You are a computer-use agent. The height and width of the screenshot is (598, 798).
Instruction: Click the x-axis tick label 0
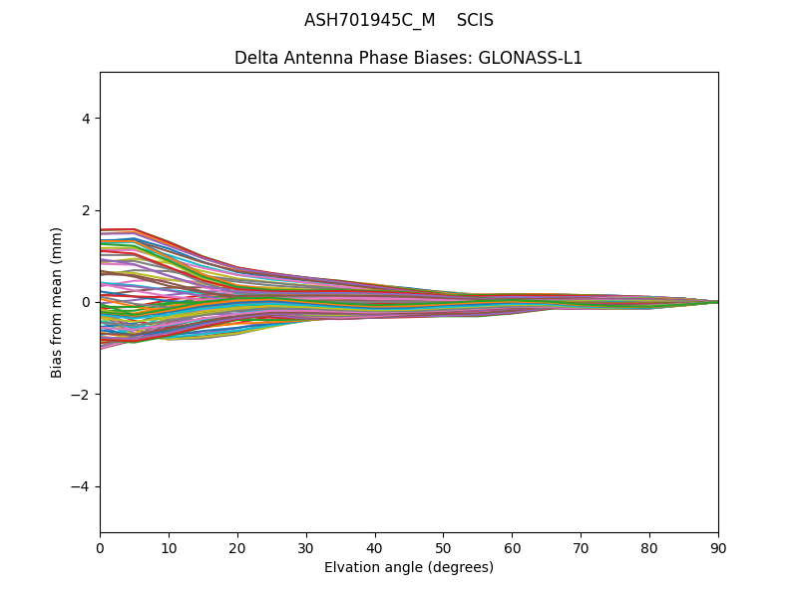coord(100,547)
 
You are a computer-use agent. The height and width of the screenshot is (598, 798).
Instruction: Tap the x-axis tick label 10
coord(169,547)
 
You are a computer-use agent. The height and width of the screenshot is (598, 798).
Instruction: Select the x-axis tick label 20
coord(237,547)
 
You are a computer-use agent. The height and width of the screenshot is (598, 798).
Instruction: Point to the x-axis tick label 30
coord(306,547)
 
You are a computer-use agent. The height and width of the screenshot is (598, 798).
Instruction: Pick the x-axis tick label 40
coord(375,547)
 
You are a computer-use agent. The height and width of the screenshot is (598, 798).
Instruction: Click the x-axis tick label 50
coord(443,547)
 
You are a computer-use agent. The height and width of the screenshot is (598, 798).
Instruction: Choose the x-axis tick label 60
coord(512,547)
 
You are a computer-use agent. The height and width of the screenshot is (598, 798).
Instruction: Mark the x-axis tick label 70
coord(581,547)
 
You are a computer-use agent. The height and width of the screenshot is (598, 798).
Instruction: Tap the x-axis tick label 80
coord(649,547)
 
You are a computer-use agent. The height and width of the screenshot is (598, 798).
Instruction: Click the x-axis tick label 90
coord(718,547)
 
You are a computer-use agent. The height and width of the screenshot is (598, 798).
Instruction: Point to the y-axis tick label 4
coord(86,119)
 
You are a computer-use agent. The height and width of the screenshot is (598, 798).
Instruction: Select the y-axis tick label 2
coord(86,210)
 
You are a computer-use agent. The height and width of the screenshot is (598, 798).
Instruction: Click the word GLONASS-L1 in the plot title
coord(531,58)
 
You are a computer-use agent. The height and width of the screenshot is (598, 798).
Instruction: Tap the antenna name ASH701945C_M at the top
coord(369,20)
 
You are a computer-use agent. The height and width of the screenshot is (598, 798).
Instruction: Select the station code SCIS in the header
coord(475,20)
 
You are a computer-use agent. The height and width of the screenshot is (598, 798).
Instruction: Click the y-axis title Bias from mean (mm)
coord(58,302)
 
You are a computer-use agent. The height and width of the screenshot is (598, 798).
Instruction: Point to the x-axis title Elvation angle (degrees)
coord(409,567)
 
